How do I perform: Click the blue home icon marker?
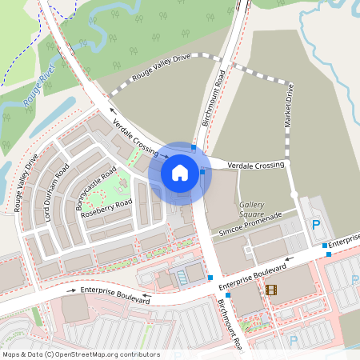(x=180, y=173)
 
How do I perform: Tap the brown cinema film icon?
(x=271, y=290)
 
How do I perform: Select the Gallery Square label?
(x=252, y=210)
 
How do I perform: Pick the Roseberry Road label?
(x=106, y=209)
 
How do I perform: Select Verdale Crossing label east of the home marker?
(x=256, y=165)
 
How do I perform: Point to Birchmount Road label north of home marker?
(x=220, y=98)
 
